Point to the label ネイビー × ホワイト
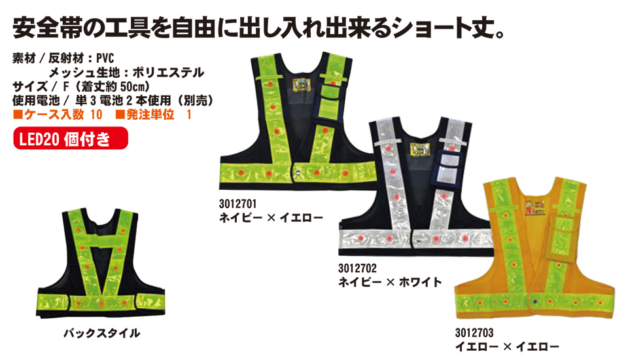(x=390, y=282)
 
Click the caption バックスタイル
(x=101, y=333)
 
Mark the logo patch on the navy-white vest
(x=416, y=151)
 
